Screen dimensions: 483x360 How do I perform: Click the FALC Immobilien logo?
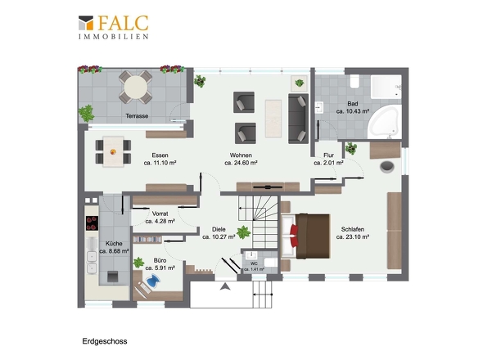pyautogui.click(x=113, y=27)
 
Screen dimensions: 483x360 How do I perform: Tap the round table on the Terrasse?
pyautogui.click(x=136, y=87)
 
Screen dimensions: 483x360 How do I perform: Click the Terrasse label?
pyautogui.click(x=137, y=116)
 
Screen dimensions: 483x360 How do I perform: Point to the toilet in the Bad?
pyautogui.click(x=354, y=81)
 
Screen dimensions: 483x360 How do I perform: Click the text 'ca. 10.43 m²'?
pyautogui.click(x=353, y=111)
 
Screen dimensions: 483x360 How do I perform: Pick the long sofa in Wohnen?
pyautogui.click(x=298, y=119)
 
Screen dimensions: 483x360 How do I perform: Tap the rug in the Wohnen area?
pyautogui.click(x=273, y=119)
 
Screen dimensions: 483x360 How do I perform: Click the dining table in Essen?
pyautogui.click(x=113, y=151)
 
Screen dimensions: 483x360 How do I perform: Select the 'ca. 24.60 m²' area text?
pyautogui.click(x=241, y=163)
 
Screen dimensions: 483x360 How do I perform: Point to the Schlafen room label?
pyautogui.click(x=353, y=229)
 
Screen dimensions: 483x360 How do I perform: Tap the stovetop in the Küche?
pyautogui.click(x=93, y=223)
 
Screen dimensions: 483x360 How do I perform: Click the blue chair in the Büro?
pyautogui.click(x=153, y=281)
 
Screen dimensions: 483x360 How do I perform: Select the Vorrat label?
pyautogui.click(x=160, y=214)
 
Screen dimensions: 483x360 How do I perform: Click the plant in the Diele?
pyautogui.click(x=244, y=232)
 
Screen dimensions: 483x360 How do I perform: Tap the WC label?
pyautogui.click(x=254, y=263)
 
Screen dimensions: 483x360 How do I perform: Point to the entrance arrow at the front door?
pyautogui.click(x=225, y=286)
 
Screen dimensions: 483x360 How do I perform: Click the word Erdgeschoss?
pyautogui.click(x=105, y=341)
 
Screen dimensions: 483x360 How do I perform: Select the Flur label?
pyautogui.click(x=328, y=155)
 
